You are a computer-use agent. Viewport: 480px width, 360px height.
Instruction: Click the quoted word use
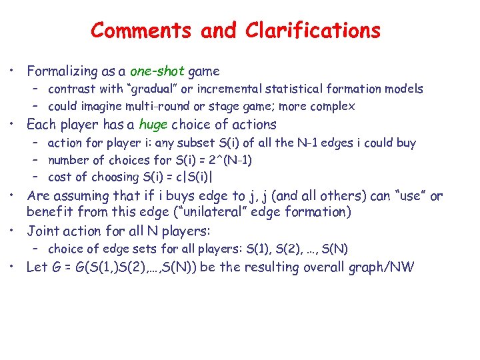pyautogui.click(x=406, y=196)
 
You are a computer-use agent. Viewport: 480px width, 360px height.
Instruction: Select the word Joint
pyautogui.click(x=42, y=231)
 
